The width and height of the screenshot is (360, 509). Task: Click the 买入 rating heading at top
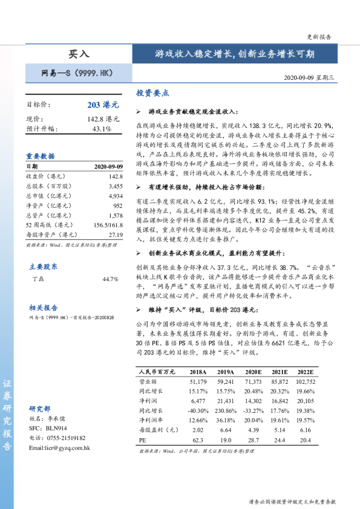(x=78, y=54)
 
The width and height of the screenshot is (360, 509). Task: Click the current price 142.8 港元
(x=103, y=119)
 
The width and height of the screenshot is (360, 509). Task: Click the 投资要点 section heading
(x=152, y=94)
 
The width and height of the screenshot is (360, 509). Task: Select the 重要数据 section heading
(x=40, y=156)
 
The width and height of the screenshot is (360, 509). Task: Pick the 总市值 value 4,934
(x=116, y=196)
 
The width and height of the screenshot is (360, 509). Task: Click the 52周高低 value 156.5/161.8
(x=108, y=225)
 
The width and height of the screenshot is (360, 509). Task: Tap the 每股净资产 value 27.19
(x=116, y=235)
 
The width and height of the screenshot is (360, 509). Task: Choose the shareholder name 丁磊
(x=38, y=279)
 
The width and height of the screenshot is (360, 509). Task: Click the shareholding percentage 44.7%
(x=110, y=279)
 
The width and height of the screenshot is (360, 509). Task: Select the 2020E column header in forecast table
(x=253, y=372)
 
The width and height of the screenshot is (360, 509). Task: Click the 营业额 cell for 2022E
(x=305, y=382)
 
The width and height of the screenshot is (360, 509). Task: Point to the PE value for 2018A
(x=198, y=440)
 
